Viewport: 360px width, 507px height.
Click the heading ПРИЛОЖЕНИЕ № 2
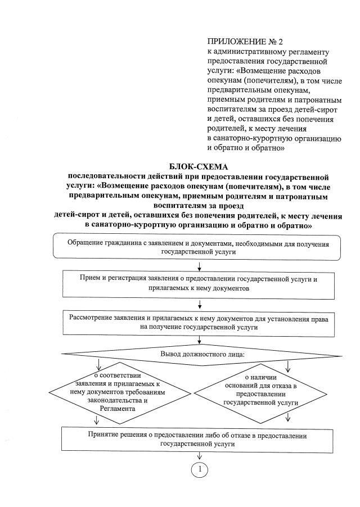click(242, 42)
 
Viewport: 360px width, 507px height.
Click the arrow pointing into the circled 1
click(200, 456)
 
